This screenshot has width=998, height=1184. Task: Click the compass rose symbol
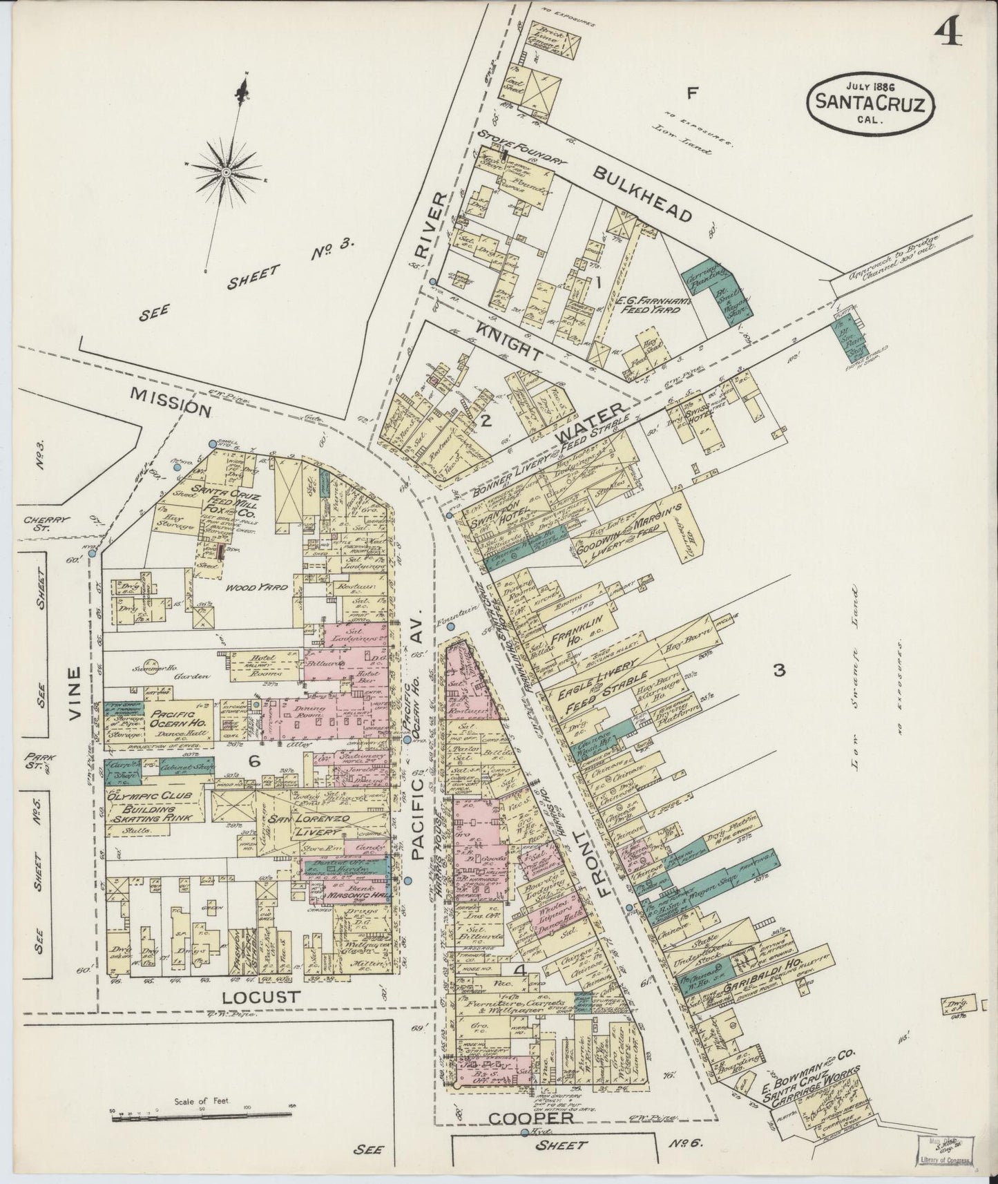[227, 169]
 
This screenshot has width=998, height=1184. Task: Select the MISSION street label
[171, 408]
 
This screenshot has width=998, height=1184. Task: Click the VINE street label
[76, 694]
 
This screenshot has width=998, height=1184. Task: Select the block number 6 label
[254, 761]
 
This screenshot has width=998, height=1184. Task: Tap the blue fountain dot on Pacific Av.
[450, 627]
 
